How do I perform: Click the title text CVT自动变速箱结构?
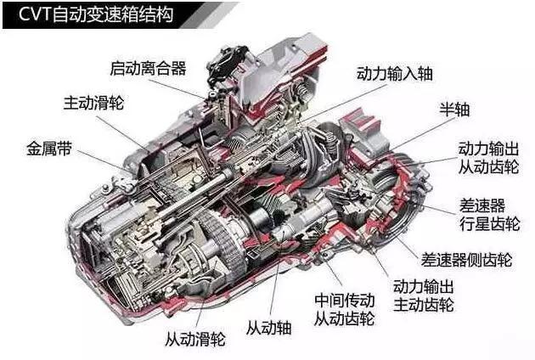[96, 14]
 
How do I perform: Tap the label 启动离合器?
[148, 68]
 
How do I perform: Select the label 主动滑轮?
[93, 103]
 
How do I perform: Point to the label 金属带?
[49, 149]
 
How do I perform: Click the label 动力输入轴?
[395, 74]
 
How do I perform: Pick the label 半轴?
[454, 110]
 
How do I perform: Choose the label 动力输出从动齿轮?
[488, 158]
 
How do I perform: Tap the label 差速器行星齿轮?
[489, 215]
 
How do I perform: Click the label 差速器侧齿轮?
[466, 260]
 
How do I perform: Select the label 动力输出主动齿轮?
[424, 295]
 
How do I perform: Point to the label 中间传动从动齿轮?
[344, 310]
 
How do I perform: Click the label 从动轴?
[269, 329]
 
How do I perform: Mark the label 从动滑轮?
[195, 339]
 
